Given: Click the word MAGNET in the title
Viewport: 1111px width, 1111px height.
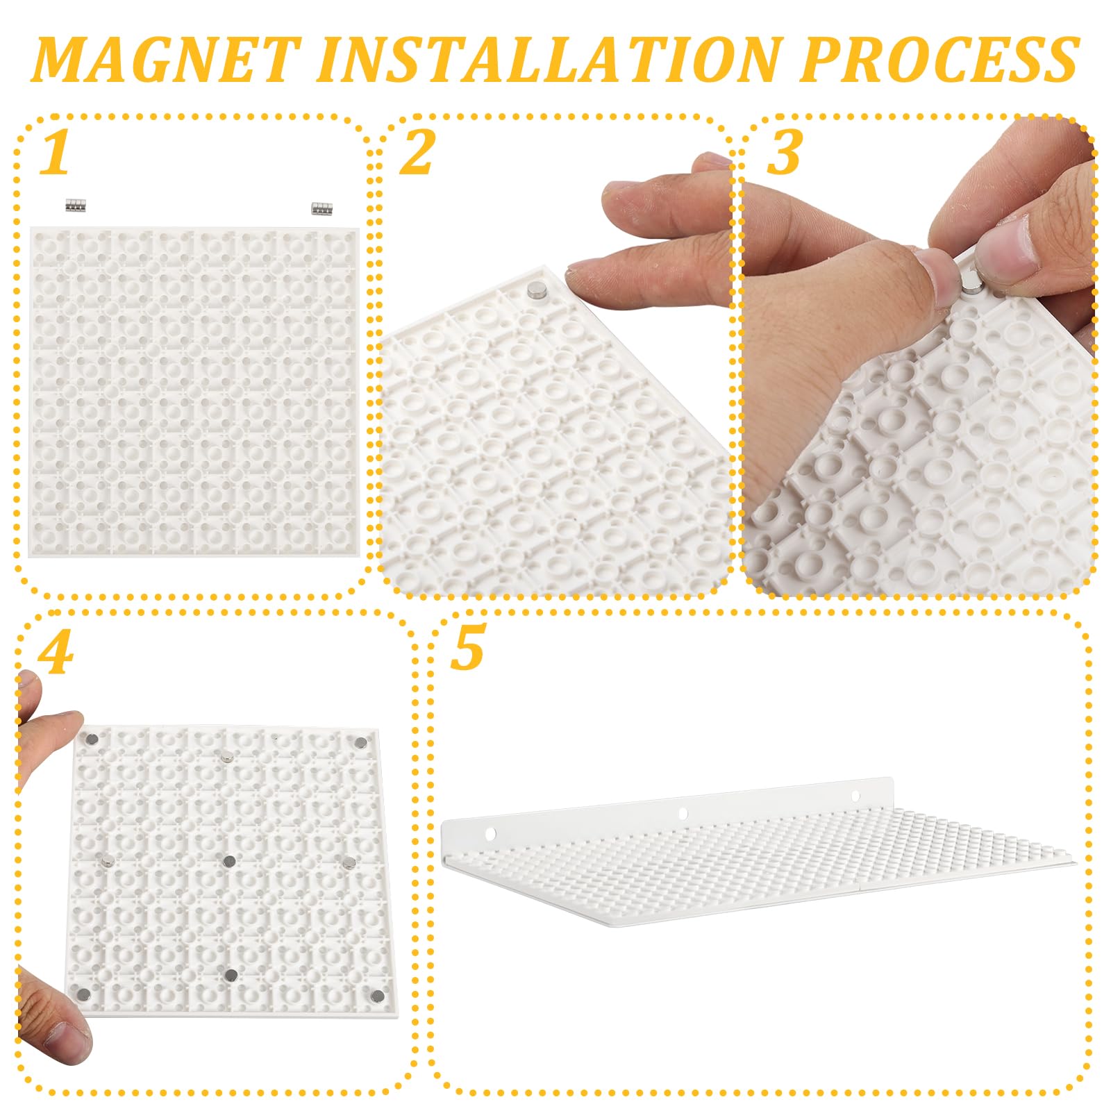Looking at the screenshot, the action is coord(167,60).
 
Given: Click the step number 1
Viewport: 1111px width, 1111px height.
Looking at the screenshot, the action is coord(55,153).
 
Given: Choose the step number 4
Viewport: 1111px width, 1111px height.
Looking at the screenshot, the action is coord(55,653).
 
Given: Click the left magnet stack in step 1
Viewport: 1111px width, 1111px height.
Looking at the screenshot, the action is coord(75,206).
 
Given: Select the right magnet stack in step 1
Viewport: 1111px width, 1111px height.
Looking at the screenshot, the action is coord(321,207).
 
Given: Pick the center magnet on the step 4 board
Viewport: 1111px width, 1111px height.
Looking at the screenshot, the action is coord(229,862).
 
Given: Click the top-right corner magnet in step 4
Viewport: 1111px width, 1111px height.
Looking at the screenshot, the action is coord(360,744).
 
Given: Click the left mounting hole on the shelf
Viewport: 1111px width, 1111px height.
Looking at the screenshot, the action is coord(491,833).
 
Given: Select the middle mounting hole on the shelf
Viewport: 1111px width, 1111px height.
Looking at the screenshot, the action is coord(683,813).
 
